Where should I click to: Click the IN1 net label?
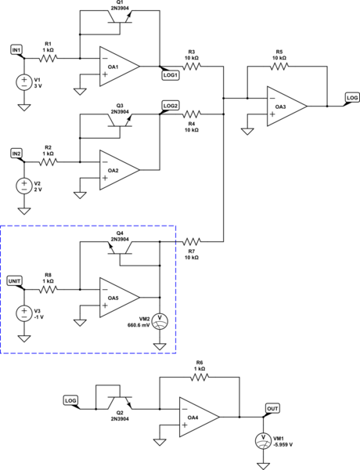[x=16, y=50]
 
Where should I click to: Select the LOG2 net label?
[x=171, y=106]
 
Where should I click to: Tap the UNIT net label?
[x=14, y=281]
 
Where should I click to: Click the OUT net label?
[x=272, y=408]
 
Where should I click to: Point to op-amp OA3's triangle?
[x=287, y=107]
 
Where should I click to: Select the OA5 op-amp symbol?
[x=120, y=298]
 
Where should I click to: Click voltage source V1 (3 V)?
[x=24, y=82]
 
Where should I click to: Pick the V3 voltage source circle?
[x=24, y=313]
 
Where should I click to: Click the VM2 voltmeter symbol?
[x=160, y=321]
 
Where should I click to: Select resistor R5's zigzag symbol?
[x=279, y=67]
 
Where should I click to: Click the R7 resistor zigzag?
[x=192, y=241]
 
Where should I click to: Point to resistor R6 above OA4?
[x=200, y=377]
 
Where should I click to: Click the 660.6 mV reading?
[x=139, y=325]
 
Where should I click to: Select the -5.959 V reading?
[x=283, y=445]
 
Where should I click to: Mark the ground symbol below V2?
[x=24, y=211]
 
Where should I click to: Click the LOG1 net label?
[x=171, y=75]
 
